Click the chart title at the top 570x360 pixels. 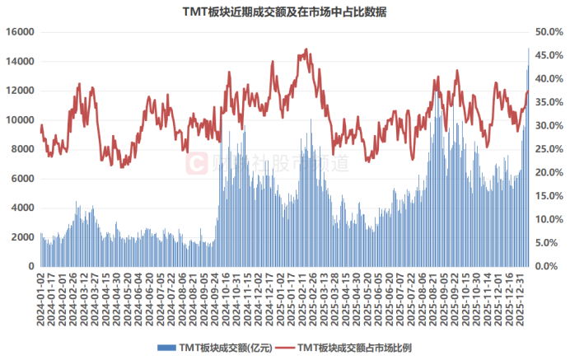click(285, 12)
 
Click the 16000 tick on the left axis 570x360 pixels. click(20, 32)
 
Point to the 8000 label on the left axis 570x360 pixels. click(22, 149)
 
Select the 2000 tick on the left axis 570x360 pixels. click(22, 237)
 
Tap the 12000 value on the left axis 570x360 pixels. click(20, 91)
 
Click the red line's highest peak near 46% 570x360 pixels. click(306, 49)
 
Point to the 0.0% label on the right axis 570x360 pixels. click(546, 267)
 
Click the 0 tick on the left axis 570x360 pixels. click(30, 267)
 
